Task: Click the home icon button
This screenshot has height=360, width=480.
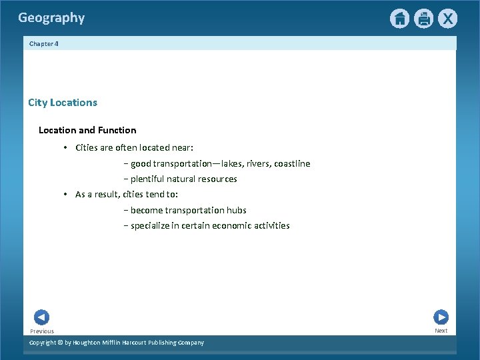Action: tap(399, 19)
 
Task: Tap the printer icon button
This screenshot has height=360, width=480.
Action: tap(423, 19)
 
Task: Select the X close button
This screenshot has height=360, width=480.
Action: tap(447, 19)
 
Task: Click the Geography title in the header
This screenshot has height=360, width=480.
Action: tap(51, 18)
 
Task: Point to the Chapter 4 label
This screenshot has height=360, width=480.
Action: tap(44, 43)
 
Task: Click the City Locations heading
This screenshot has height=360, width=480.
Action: tap(63, 103)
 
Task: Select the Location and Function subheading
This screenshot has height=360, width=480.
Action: tap(87, 130)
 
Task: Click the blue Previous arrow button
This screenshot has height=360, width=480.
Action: tap(41, 317)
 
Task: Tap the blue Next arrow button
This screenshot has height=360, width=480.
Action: tap(441, 317)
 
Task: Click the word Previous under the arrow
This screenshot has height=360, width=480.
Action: tap(42, 331)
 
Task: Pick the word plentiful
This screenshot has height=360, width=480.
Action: tap(149, 179)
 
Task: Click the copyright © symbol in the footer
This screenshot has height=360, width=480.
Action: tap(59, 343)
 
